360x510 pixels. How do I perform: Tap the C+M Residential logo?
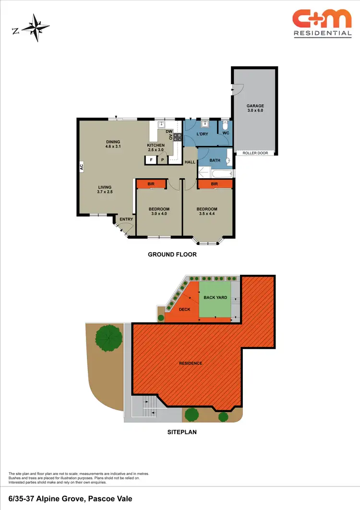point(322,23)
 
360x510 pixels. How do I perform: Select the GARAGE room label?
point(255,106)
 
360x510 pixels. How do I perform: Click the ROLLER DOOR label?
point(254,153)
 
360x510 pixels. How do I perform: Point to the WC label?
point(226,134)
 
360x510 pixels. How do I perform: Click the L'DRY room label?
point(202,134)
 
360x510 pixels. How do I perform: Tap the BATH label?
point(215,160)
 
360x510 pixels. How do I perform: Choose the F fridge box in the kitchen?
point(151,159)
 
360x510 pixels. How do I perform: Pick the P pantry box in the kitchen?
point(162,159)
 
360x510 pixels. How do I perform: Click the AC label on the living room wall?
point(82,167)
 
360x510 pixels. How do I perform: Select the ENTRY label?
point(126,219)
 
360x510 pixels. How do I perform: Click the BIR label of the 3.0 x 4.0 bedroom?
point(150,184)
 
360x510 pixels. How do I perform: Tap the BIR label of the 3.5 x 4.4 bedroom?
point(215,184)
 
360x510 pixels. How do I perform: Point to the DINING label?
point(113,142)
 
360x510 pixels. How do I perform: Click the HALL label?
point(190,162)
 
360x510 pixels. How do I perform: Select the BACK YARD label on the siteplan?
point(215,298)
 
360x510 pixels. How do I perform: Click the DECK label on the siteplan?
point(185,309)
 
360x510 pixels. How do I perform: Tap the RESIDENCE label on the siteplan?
point(191,363)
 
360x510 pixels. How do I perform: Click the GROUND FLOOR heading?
point(172,255)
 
